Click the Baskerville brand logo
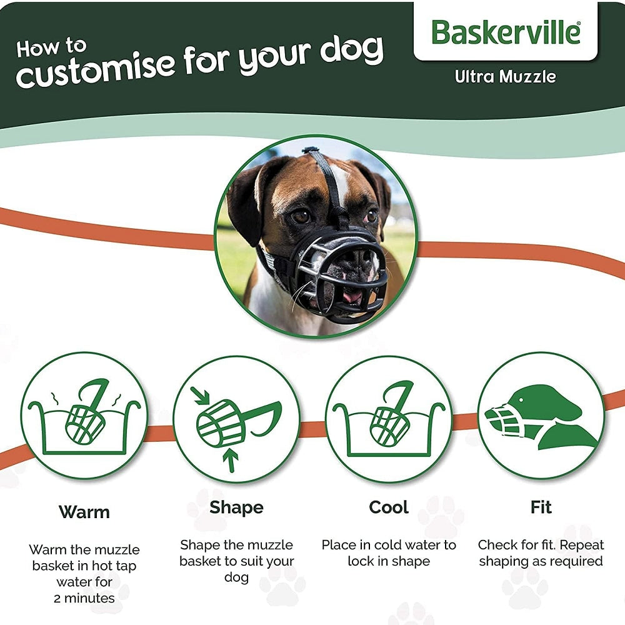pos(505,32)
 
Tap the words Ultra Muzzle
pos(505,77)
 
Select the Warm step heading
pos(84,512)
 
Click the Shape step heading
pos(236,507)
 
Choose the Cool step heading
pos(388,507)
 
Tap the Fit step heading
pos(541,507)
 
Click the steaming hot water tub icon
pos(84,416)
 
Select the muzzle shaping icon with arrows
pos(236,419)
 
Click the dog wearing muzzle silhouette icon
pos(541,416)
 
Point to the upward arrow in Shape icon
pos(231,460)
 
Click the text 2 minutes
pos(84,598)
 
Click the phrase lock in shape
pos(389,561)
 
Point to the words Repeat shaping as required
pos(541,554)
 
